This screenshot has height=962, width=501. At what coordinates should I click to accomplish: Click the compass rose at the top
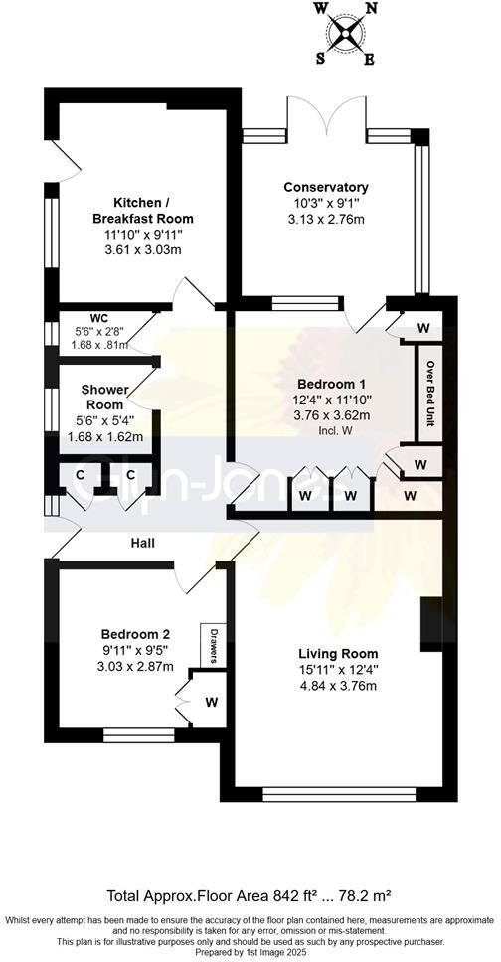345,33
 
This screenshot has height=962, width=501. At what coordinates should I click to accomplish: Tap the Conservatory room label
326,187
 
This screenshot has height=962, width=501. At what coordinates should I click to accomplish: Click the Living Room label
338,653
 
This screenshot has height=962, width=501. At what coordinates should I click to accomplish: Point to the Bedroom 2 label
135,634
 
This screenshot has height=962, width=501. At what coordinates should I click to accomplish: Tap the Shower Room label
103,398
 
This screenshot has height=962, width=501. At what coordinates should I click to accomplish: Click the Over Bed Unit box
429,392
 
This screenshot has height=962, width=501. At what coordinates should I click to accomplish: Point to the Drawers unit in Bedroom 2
211,646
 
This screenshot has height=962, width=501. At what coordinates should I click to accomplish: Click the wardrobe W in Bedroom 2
211,702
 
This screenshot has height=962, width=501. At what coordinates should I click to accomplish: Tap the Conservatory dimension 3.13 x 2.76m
326,220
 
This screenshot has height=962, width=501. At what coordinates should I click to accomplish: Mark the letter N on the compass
371,8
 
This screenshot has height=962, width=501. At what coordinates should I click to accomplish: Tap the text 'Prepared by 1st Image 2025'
249,951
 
